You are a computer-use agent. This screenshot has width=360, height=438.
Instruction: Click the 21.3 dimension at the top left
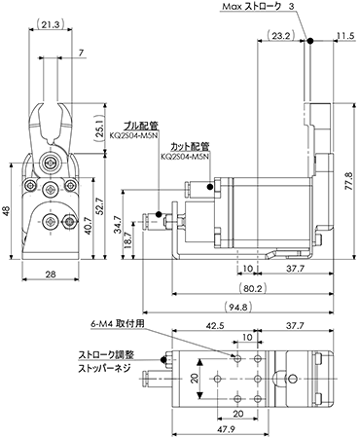[x=50, y=24]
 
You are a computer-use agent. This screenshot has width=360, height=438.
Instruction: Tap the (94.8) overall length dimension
[x=237, y=307]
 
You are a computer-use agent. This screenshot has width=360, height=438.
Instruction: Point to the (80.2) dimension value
[x=252, y=288]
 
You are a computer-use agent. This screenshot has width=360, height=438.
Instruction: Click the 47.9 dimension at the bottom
[x=226, y=429]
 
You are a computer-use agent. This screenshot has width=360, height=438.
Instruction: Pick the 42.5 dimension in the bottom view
[x=215, y=325]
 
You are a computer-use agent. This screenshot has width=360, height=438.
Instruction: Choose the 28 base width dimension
[x=51, y=274]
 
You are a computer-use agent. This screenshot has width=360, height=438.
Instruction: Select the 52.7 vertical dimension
[x=99, y=205]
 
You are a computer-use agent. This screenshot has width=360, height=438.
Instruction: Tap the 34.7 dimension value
[x=118, y=224]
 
